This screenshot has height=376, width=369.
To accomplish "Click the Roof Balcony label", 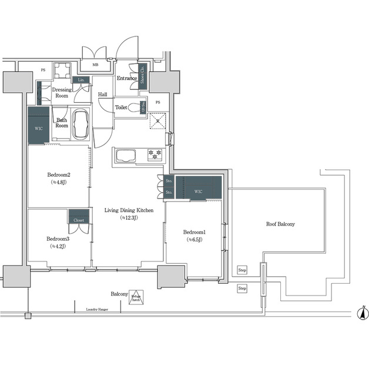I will pos(280,224).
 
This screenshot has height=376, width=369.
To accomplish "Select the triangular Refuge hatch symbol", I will pos(136,297).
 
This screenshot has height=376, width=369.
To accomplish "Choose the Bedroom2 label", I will pos(59,178).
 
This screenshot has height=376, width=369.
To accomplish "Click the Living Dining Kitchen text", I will pos(129,213).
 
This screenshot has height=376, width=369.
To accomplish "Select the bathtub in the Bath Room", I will pos(80,125).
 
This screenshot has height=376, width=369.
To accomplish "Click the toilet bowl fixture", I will pos(135,108).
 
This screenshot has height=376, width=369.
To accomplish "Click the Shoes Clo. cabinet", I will pos(143,80).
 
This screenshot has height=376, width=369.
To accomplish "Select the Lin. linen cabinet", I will pos(80,80).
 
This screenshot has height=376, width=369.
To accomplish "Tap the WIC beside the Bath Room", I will pos(39,127).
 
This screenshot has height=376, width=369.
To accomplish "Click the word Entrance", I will pos(126,79).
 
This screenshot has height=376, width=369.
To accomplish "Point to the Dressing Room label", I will pos(62,92).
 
